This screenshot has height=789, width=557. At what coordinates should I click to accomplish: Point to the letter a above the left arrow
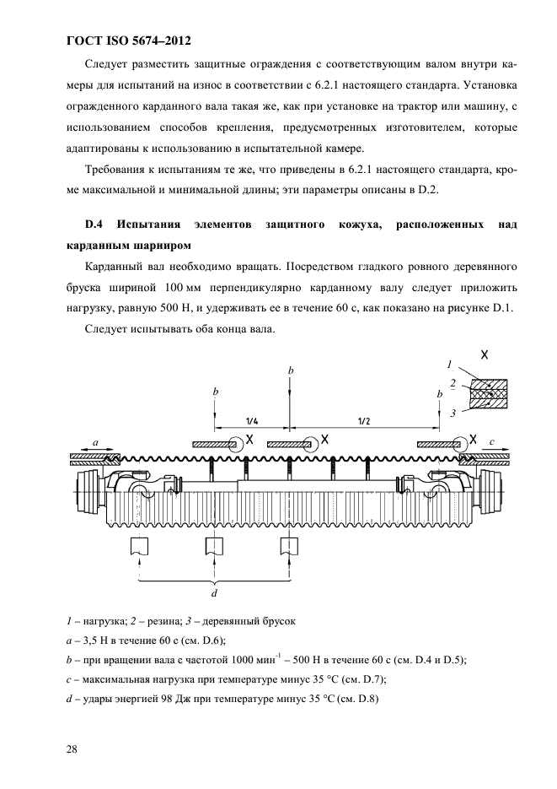coord(95,441)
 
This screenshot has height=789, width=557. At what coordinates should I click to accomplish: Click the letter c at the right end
coord(493,440)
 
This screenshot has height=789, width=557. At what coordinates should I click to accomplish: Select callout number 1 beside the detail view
coord(450,365)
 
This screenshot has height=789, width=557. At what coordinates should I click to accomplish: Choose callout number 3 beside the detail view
coord(453,412)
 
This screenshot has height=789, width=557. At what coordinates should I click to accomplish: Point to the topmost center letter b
coord(290,370)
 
